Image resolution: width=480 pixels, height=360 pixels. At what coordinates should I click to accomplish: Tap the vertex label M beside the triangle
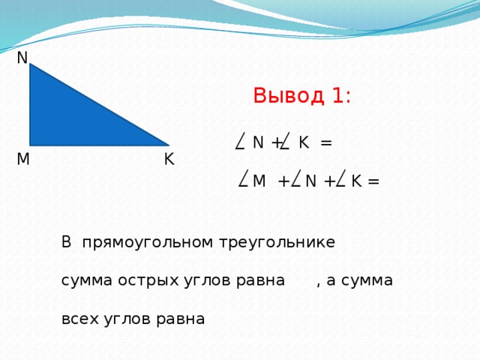point(22,160)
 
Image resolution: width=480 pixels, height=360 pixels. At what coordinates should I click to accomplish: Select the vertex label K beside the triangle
point(169,160)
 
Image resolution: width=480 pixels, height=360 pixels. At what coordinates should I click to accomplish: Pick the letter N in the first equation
point(258,142)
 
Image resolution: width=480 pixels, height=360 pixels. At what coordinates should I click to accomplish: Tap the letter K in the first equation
point(303,142)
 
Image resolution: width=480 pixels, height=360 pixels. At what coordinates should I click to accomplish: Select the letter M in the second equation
point(259,181)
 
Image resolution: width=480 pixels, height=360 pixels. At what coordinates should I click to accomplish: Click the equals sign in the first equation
point(326,142)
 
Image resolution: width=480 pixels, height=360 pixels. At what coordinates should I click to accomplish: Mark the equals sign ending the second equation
point(373,181)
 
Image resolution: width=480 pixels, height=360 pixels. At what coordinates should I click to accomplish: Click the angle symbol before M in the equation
point(243,178)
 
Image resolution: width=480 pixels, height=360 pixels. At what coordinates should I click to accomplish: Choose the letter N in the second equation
point(310,181)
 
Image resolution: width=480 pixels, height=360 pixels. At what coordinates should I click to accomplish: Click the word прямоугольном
point(148,243)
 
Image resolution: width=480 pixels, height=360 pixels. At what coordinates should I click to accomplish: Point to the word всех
point(78,318)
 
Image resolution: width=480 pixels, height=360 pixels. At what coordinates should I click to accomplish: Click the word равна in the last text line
point(181,318)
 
